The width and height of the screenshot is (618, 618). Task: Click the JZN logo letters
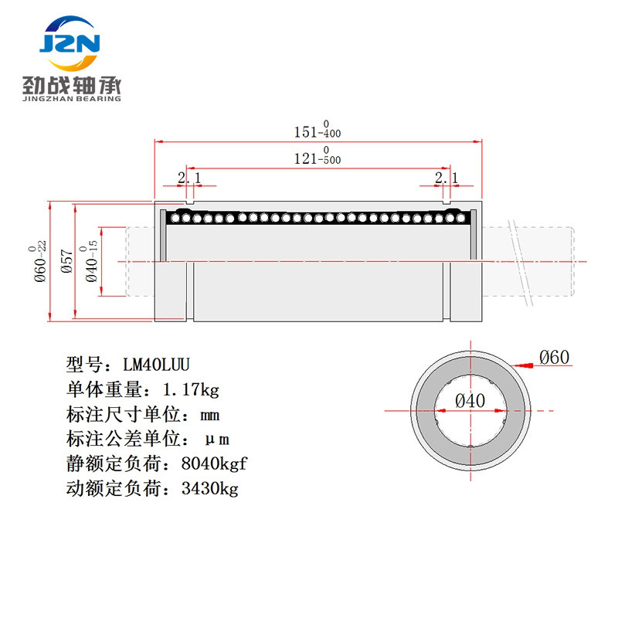pos(70,43)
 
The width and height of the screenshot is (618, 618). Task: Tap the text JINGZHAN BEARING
pos(72,99)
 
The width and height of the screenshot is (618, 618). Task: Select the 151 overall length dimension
pos(317,129)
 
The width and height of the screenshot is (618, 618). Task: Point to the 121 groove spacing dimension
pos(317,156)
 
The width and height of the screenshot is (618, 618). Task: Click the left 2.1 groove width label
pos(189,178)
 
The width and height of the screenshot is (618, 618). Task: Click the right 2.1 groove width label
pos(447,178)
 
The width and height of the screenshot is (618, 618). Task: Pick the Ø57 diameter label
pos(67,261)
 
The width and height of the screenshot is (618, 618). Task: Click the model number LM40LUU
pos(156,365)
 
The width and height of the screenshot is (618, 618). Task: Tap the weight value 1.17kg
pos(191,389)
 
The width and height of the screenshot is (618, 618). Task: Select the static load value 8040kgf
pos(214,463)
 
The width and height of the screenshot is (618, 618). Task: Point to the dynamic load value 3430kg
pos(209,488)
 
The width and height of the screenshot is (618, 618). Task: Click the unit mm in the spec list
pos(209,416)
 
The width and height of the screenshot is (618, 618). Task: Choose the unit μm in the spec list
pos(217,440)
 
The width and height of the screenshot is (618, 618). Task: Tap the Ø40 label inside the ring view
pos(470,401)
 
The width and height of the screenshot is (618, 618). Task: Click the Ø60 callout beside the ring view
pos(554,358)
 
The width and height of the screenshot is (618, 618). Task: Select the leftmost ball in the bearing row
pos(175,218)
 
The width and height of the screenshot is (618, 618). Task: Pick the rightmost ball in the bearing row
pos(460,218)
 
